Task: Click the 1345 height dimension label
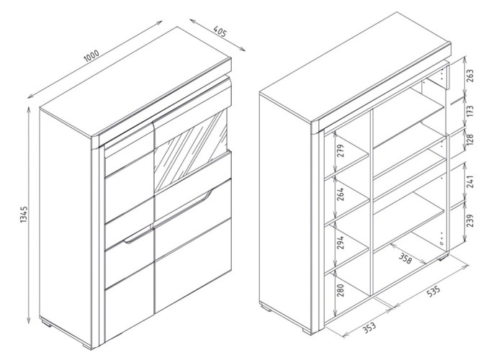24,215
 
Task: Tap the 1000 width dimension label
91,56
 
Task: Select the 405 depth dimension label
220,31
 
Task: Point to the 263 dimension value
469,76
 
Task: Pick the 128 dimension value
469,140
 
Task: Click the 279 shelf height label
341,150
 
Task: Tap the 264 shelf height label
341,194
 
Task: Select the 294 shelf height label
341,242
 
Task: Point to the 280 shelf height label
341,290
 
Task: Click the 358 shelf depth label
405,258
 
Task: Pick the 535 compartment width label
433,291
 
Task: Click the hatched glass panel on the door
191,150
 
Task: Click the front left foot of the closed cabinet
87,346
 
